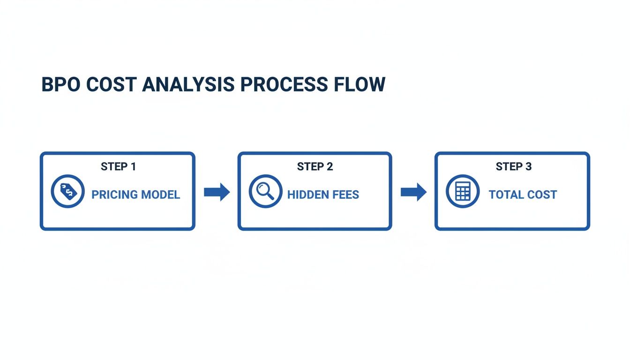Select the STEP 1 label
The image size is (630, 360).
click(118, 166)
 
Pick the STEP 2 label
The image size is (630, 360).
click(315, 166)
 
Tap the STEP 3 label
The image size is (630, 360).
click(514, 166)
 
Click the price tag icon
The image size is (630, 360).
click(67, 192)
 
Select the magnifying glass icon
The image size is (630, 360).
click(265, 192)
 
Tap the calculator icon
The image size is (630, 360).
click(463, 192)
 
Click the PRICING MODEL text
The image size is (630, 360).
click(135, 195)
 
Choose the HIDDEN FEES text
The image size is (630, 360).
click(323, 195)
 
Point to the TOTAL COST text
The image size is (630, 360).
click(523, 195)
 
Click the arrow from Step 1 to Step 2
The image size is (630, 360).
click(217, 192)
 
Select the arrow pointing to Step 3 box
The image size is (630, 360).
click(413, 192)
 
